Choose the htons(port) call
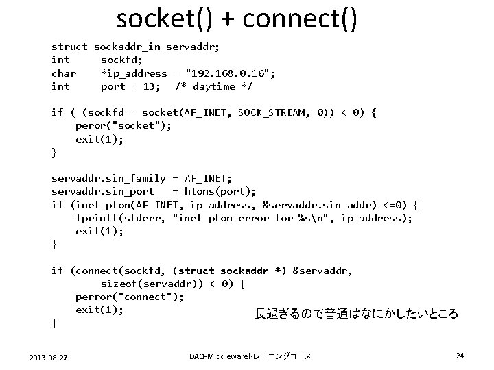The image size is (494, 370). pos(224,191)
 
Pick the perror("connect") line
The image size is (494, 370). pos(130,297)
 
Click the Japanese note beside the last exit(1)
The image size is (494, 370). pos(355,314)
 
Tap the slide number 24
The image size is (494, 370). pos(460,356)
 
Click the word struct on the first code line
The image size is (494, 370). pos(69,47)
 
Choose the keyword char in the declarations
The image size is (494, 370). pos(64,73)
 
